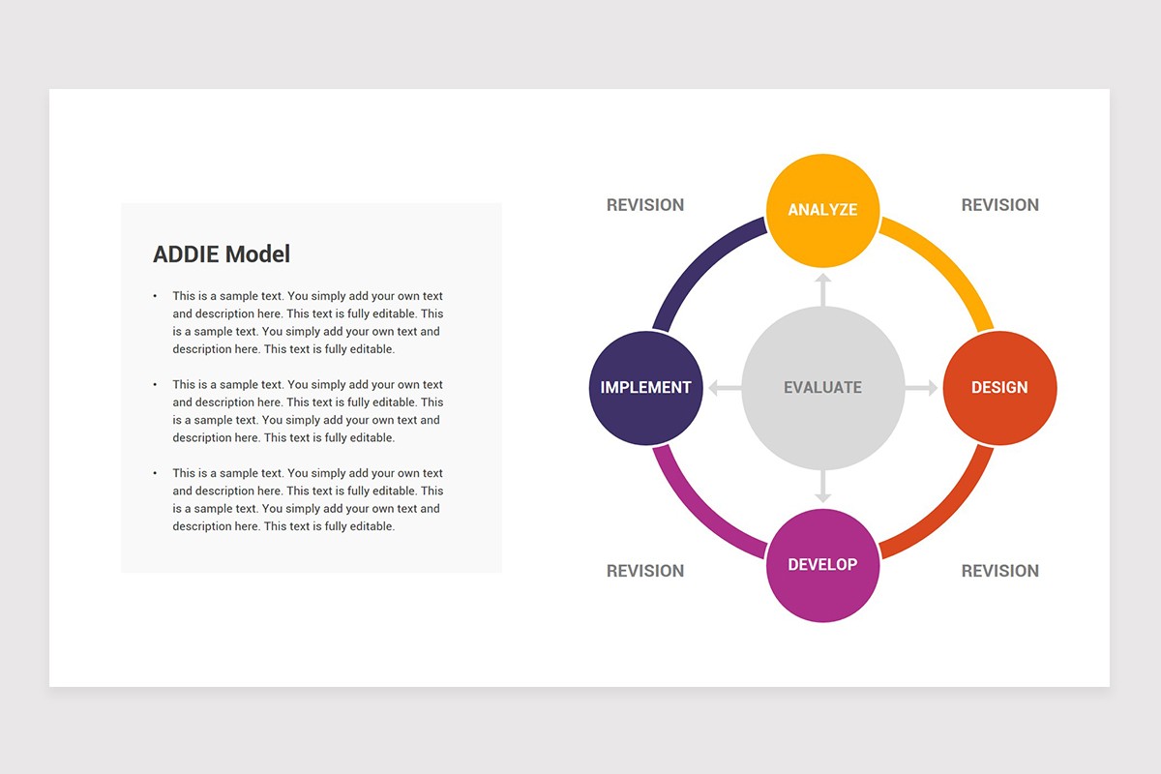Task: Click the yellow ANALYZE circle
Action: click(x=822, y=209)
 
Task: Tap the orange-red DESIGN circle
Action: click(x=999, y=387)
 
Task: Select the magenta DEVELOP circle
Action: click(x=822, y=565)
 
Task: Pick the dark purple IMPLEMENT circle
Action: click(x=645, y=387)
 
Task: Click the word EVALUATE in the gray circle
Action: click(x=822, y=387)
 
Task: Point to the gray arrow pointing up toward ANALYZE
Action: click(x=822, y=288)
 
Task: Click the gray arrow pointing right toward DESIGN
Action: click(x=922, y=388)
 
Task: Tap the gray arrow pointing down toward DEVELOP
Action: click(x=822, y=487)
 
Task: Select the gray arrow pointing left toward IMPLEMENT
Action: click(x=723, y=388)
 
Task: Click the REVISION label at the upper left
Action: click(x=645, y=205)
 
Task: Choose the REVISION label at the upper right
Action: click(x=999, y=205)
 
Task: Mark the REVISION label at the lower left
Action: click(x=645, y=571)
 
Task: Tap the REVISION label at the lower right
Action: click(x=999, y=571)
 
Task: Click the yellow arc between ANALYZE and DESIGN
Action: click(x=948, y=262)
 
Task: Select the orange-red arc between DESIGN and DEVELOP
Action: click(x=948, y=513)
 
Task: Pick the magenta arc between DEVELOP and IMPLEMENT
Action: click(x=697, y=513)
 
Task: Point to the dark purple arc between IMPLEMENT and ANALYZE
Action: click(x=697, y=262)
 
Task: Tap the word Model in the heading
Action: click(x=257, y=254)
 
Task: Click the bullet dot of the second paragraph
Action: click(x=155, y=385)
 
